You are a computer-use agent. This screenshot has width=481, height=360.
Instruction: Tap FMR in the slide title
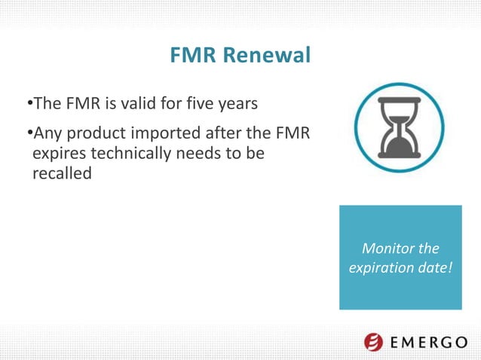pos(190,56)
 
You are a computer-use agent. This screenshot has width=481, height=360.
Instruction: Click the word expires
pos(57,154)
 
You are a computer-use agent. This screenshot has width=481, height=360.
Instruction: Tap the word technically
pos(130,154)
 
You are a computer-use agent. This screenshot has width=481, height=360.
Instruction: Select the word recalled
pos(61,173)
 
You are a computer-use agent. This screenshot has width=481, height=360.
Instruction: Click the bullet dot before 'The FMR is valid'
pos(28,102)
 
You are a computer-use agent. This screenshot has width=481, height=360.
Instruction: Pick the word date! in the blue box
pos(434,267)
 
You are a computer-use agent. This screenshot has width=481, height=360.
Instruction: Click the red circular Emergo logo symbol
pos(374,341)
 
